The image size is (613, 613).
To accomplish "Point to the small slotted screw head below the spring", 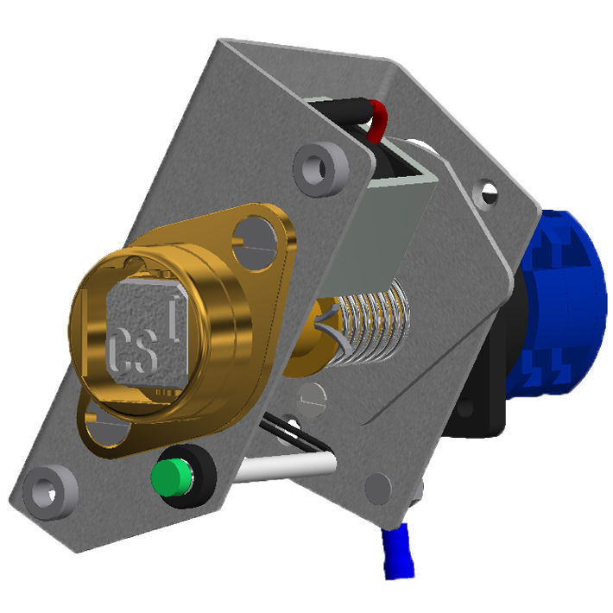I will (313, 397).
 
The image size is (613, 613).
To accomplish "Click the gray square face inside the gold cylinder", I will (147, 332).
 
